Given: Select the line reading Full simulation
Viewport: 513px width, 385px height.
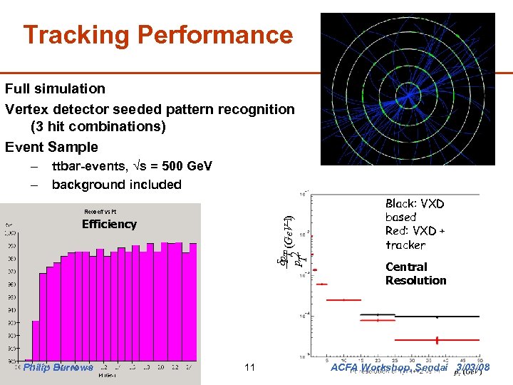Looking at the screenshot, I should tap(55, 88).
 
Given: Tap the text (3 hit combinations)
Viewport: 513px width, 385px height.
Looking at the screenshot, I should tap(98, 127).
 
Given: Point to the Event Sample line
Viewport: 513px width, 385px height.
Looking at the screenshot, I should tap(51, 147).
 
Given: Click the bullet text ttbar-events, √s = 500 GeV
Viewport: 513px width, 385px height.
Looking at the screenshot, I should tap(132, 166).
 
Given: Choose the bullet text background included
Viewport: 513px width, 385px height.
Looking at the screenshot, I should tap(116, 185).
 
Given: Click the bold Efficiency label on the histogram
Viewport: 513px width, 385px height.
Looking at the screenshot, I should tap(109, 224).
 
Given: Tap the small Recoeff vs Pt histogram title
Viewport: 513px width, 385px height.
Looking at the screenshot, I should tap(100, 212).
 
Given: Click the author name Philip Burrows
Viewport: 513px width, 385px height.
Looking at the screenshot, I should tap(58, 368).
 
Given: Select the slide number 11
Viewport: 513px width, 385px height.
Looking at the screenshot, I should tap(249, 368).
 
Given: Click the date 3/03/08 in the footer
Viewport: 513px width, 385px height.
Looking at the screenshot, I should tap(472, 368).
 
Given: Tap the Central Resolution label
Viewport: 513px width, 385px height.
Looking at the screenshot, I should tap(415, 274).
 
